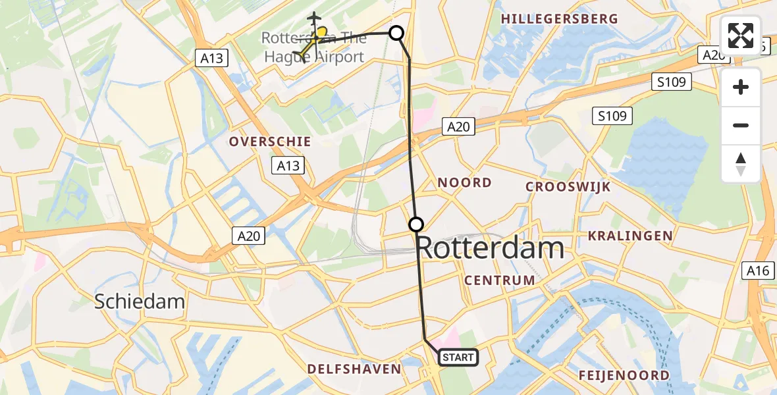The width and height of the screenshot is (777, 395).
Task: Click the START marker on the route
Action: (458, 357)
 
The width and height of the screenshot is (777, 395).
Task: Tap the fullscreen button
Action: (741, 36)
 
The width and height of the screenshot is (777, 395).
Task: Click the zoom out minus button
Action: (741, 125)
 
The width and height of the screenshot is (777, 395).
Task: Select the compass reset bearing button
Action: (741, 164)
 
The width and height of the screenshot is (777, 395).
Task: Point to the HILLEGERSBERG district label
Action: (560, 19)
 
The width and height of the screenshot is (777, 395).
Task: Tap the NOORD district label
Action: (465, 182)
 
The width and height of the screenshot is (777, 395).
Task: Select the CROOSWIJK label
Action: (568, 187)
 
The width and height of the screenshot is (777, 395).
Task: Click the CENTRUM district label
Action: (500, 280)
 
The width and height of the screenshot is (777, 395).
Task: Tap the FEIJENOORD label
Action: (624, 375)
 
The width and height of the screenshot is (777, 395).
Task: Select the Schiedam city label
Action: (139, 302)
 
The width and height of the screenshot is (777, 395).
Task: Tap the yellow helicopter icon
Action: (310, 43)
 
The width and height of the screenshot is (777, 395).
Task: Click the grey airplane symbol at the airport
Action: (315, 18)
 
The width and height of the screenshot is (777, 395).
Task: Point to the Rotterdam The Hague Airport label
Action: (313, 47)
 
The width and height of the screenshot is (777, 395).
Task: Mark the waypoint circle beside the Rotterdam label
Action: (416, 224)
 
